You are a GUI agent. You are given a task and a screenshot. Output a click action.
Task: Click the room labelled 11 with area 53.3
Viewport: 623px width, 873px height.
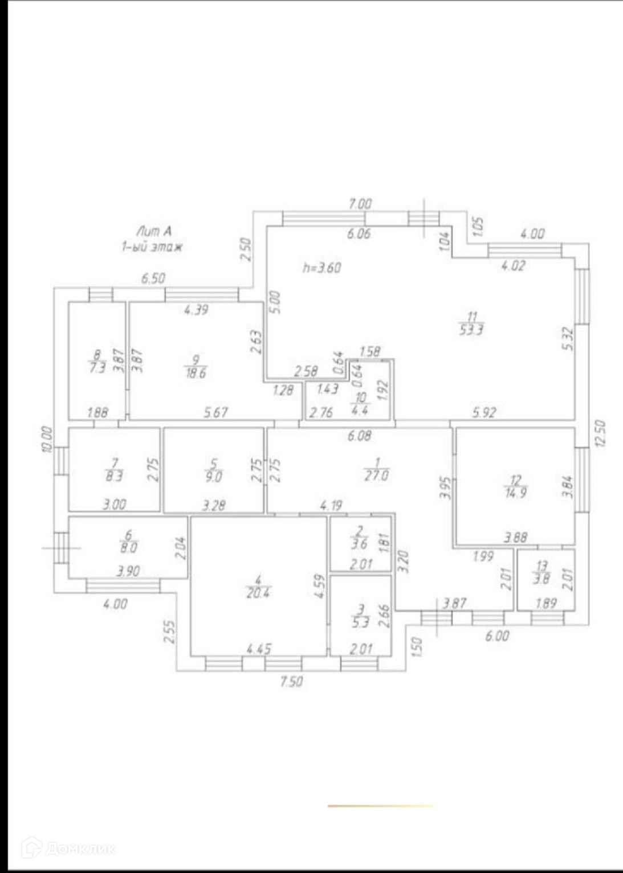pyautogui.click(x=471, y=323)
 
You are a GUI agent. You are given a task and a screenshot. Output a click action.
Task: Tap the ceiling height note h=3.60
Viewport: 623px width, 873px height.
pyautogui.click(x=321, y=267)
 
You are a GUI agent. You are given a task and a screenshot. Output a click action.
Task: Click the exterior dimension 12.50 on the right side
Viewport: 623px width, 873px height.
pyautogui.click(x=600, y=434)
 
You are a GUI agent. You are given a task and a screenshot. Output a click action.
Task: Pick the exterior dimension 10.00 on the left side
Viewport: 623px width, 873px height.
pyautogui.click(x=47, y=439)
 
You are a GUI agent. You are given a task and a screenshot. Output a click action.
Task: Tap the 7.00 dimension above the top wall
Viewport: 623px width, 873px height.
pyautogui.click(x=360, y=203)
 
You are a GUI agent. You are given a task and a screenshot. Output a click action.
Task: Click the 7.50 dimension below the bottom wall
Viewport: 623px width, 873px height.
pyautogui.click(x=291, y=681)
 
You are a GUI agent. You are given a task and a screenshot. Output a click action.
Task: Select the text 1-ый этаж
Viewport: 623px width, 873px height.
pyautogui.click(x=152, y=247)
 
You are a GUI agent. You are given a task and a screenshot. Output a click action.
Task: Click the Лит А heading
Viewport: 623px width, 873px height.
pyautogui.click(x=153, y=231)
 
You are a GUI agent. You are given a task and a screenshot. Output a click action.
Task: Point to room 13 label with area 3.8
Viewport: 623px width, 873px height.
pyautogui.click(x=541, y=572)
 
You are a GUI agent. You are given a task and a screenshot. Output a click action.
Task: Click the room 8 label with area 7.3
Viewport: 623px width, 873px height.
pyautogui.click(x=97, y=362)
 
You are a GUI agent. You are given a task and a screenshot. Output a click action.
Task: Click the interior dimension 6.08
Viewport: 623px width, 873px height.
pyautogui.click(x=359, y=436)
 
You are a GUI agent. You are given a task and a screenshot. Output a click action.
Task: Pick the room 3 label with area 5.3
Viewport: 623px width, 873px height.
pyautogui.click(x=360, y=616)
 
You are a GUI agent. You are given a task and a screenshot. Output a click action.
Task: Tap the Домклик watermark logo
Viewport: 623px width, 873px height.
pyautogui.click(x=68, y=849)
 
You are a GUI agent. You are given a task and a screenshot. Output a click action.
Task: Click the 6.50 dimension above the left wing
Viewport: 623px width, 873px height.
pyautogui.click(x=153, y=278)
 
